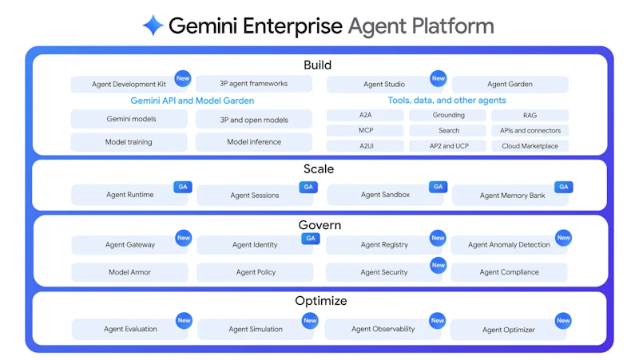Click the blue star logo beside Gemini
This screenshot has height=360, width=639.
tap(153, 26)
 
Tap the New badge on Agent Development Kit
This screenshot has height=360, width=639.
tap(183, 78)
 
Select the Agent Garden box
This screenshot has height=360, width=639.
tap(510, 84)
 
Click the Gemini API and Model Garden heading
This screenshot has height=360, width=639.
tap(192, 101)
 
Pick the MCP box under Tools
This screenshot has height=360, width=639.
tap(365, 130)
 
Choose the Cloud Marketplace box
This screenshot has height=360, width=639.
tap(530, 146)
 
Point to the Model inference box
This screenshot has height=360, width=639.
tap(253, 142)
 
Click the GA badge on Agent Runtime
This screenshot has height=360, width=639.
tap(183, 187)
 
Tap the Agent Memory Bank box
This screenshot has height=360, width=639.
tap(512, 196)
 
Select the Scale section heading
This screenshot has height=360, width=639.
tap(319, 169)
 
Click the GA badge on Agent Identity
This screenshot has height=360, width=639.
tap(311, 238)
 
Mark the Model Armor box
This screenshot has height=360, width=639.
tap(129, 272)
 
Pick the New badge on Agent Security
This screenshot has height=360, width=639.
tap(438, 265)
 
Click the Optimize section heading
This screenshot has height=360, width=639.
tap(320, 301)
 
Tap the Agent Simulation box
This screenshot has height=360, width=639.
tap(255, 329)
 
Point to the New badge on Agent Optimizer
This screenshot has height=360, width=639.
tap(563, 321)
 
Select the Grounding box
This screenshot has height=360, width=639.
tap(448, 115)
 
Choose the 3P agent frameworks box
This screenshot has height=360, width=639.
tap(253, 83)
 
